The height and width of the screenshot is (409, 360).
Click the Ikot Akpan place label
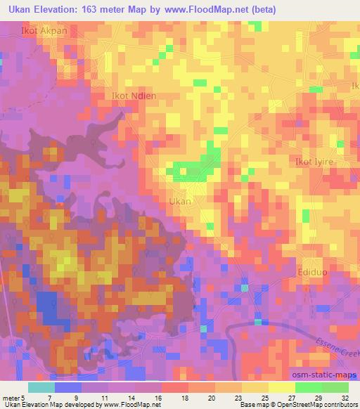tap(30, 32)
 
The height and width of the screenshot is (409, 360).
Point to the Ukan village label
tap(180, 201)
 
